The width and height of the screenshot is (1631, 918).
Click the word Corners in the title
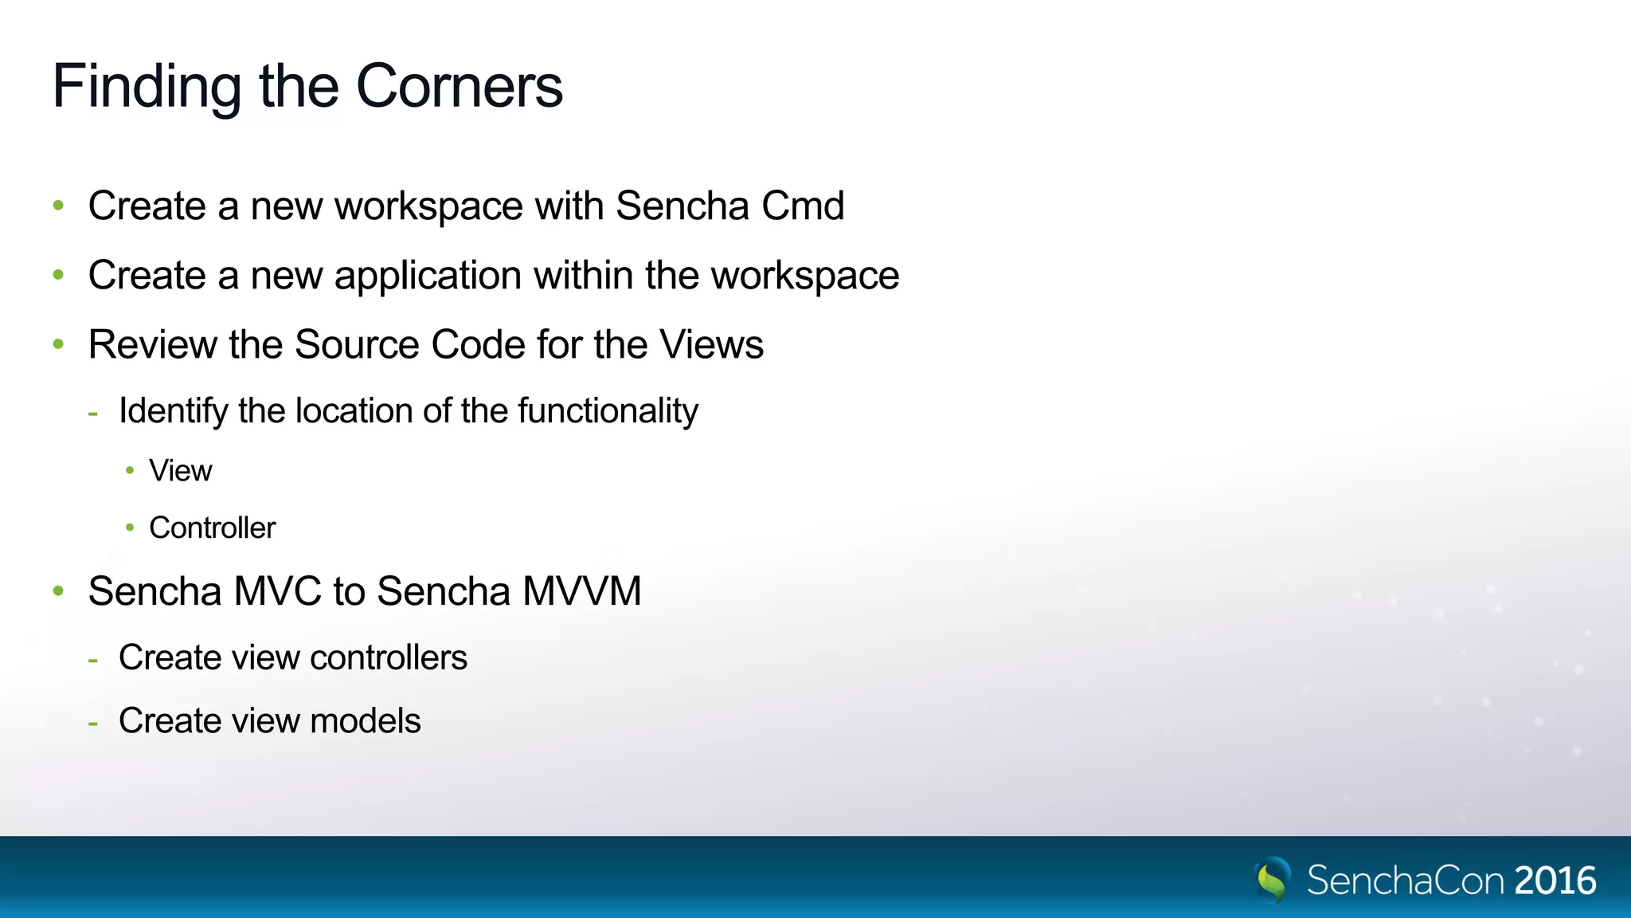pos(460,86)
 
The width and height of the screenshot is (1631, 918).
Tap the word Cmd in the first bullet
pos(803,206)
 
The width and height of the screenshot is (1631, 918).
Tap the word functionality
pos(608,411)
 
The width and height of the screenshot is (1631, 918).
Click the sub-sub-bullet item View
pos(181,471)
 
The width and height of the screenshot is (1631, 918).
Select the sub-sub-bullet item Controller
pos(212,528)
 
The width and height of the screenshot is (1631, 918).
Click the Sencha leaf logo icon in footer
pos(1273,880)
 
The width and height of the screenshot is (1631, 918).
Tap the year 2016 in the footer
pos(1555,881)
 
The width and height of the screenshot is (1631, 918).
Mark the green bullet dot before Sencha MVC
pos(58,591)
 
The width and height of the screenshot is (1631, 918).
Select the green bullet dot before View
pos(130,470)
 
